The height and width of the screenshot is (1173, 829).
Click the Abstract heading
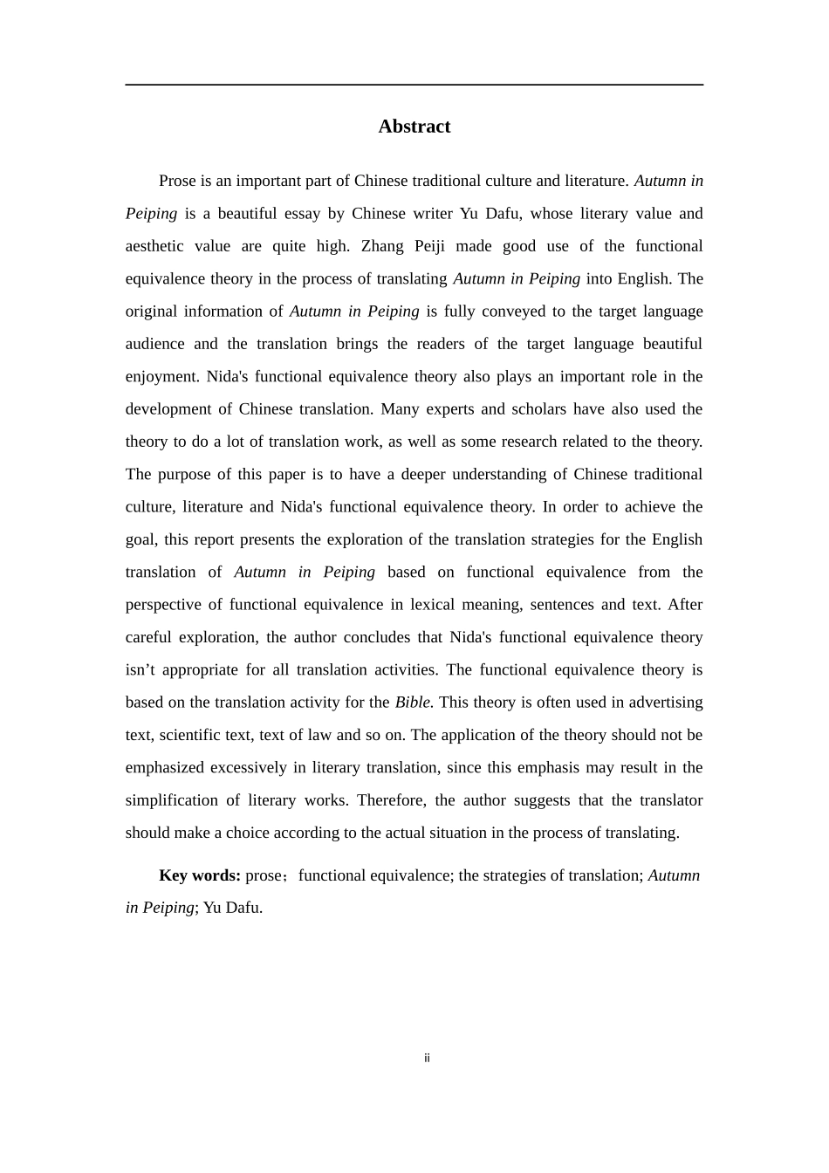(414, 127)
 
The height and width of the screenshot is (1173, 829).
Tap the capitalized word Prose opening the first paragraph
(177, 181)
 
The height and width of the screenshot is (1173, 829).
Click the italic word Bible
(414, 703)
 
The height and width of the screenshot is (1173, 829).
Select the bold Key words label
(199, 875)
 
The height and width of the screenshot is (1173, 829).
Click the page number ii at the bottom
(427, 1059)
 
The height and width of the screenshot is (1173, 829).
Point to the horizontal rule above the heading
(414, 85)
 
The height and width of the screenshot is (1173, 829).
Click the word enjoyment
(161, 377)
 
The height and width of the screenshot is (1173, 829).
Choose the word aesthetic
(154, 246)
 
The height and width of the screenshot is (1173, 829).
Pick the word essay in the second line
(298, 214)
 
